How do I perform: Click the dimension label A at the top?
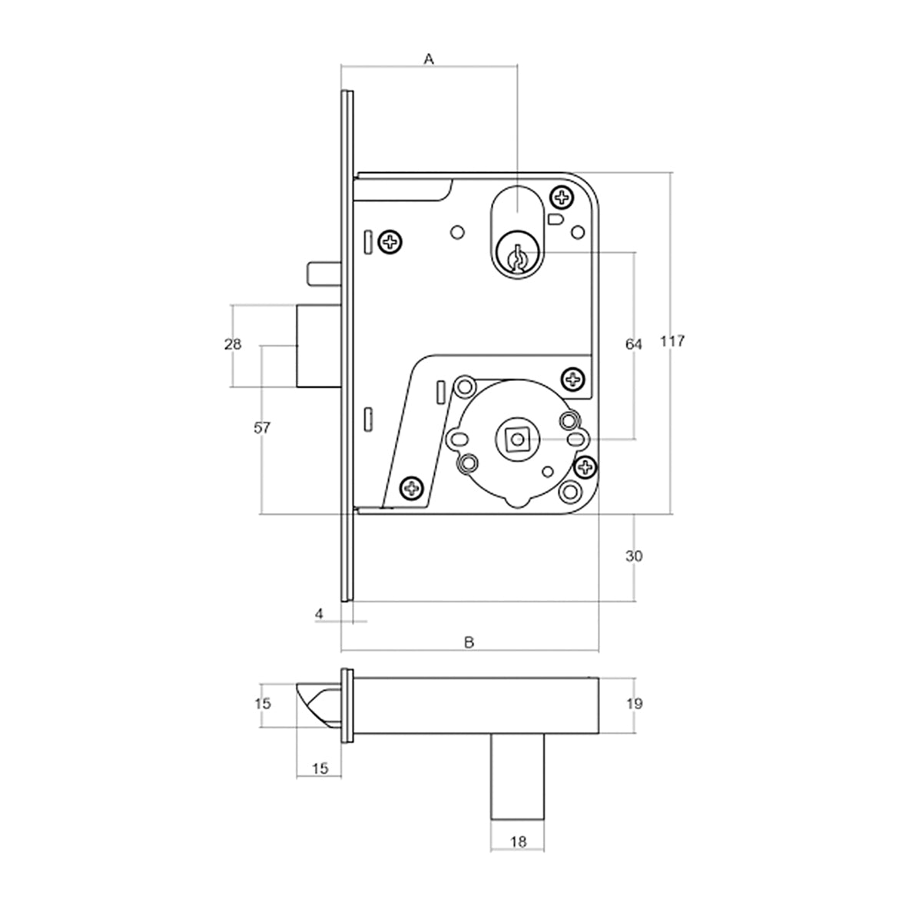click(x=429, y=58)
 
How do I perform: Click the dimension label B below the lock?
click(x=469, y=641)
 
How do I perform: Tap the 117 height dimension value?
click(x=672, y=341)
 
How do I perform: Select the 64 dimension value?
click(x=633, y=345)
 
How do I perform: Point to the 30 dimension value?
click(x=634, y=556)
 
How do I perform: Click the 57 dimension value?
click(x=262, y=429)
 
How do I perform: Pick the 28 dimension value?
click(x=233, y=344)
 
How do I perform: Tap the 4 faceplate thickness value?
click(x=319, y=613)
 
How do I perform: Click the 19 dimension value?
click(x=635, y=703)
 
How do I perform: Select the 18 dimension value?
click(x=518, y=842)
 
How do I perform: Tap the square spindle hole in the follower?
click(x=516, y=439)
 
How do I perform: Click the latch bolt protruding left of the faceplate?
click(x=315, y=344)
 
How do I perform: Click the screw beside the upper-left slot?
click(x=393, y=244)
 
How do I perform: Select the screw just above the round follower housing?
click(x=573, y=377)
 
